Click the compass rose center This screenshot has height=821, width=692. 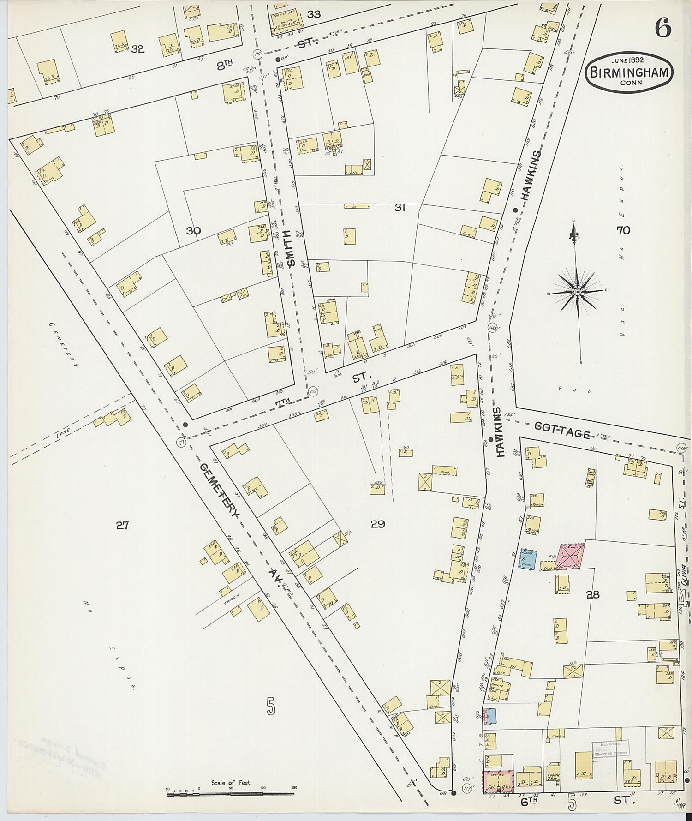pyautogui.click(x=577, y=293)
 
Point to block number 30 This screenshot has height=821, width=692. pyautogui.click(x=194, y=230)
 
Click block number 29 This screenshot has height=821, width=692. pyautogui.click(x=377, y=524)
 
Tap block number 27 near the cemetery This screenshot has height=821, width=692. pyautogui.click(x=122, y=525)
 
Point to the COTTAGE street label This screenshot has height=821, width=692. pyautogui.click(x=563, y=432)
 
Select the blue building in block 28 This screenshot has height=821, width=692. pyautogui.click(x=528, y=559)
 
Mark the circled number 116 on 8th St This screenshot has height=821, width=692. pyautogui.click(x=257, y=54)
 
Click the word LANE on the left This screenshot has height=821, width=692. pyautogui.click(x=61, y=431)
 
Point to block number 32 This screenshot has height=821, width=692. pyautogui.click(x=137, y=49)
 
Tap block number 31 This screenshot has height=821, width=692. pyautogui.click(x=400, y=208)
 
